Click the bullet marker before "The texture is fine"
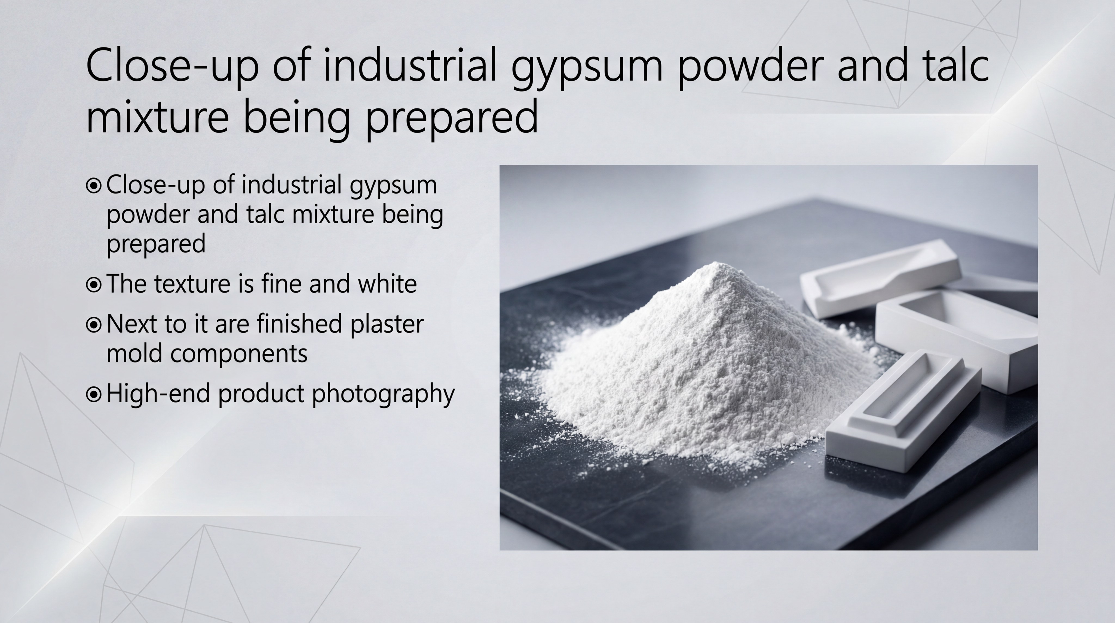pyautogui.click(x=93, y=285)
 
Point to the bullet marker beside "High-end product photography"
pyautogui.click(x=93, y=394)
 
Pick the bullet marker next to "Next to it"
pyautogui.click(x=93, y=325)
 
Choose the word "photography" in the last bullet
pyautogui.click(x=383, y=394)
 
